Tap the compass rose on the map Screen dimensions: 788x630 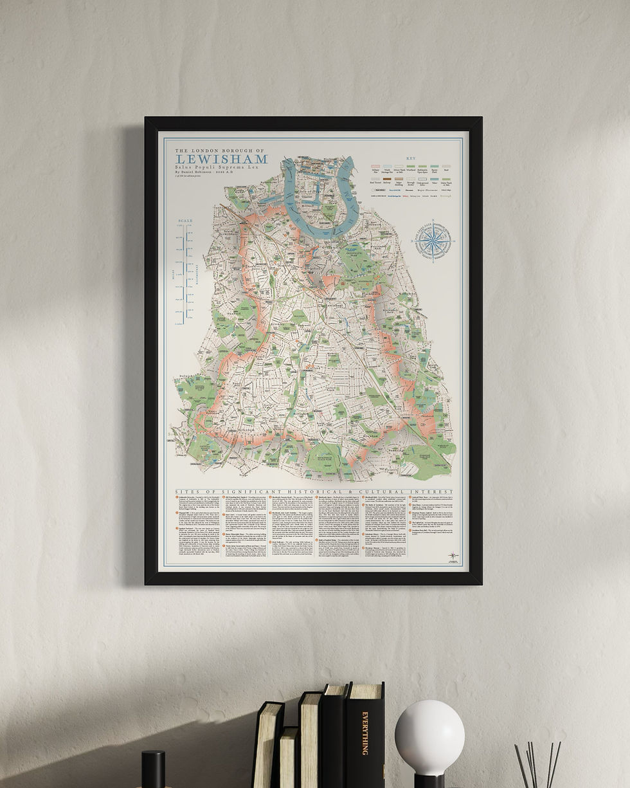coord(433,242)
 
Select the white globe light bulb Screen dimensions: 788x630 coord(429,737)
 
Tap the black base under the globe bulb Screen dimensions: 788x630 coord(429,780)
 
